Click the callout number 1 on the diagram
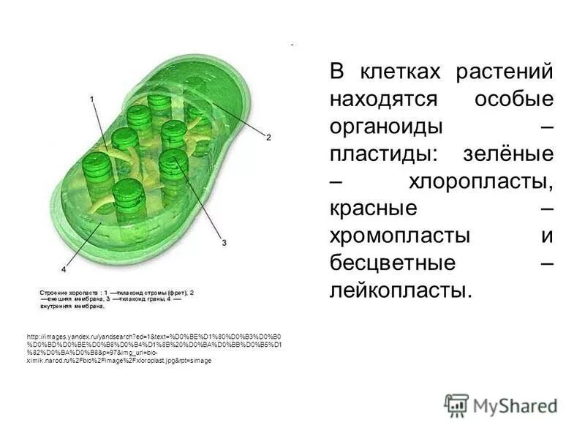click(91, 97)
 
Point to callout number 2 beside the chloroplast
click(268, 137)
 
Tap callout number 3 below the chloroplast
click(224, 242)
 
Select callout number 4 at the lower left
click(64, 269)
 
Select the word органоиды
click(387, 127)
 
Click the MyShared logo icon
click(456, 405)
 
